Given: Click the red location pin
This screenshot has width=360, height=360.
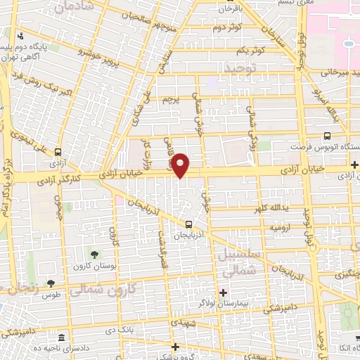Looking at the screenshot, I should pos(180,165).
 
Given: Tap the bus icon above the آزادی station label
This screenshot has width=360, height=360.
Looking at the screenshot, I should pos(57,151).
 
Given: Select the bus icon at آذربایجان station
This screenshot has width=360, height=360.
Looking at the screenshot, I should pos(178,224).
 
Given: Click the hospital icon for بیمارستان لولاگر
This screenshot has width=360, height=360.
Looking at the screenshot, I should pos(224,292).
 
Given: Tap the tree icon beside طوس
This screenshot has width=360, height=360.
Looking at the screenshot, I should pos(51,283).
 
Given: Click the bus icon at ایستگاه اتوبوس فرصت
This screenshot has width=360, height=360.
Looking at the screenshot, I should pos(328,136).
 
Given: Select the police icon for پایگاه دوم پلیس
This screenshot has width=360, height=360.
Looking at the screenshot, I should pos(21,36).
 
